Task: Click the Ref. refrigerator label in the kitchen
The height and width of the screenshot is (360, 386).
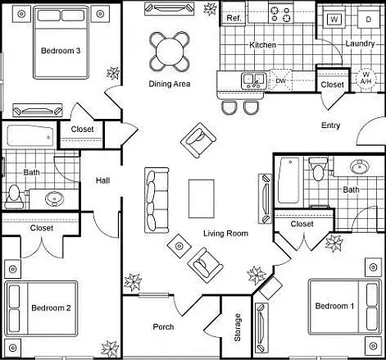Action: pos(234,18)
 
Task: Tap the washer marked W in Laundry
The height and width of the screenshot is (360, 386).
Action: pos(334,20)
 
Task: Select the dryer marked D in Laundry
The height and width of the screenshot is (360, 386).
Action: pos(369,20)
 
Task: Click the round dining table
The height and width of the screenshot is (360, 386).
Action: pos(170,52)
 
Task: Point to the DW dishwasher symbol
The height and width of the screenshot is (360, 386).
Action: pos(280,80)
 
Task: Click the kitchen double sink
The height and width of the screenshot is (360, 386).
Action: pos(254,80)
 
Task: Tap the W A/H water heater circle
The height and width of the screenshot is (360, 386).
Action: pos(366,78)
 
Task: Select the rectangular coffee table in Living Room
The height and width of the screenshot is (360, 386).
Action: pos(202,198)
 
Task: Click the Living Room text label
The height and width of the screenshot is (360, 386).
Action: pos(225,234)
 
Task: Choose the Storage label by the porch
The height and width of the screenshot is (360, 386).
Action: pos(238,327)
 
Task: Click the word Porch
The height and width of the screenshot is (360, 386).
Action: pos(163,326)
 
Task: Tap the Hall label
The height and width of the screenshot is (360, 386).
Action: pos(103,180)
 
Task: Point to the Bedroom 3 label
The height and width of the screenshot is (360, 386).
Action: pos(61,51)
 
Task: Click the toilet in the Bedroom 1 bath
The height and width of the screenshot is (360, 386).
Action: pos(318,168)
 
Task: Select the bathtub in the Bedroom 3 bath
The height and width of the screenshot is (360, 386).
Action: pos(30,136)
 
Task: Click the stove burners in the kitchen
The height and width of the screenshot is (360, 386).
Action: pos(280,15)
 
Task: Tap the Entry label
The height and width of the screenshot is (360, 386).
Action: pos(330,125)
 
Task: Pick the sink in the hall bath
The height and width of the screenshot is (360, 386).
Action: pos(54,198)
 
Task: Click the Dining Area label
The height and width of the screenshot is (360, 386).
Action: pos(170,84)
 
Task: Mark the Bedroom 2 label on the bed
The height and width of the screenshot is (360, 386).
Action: pos(51,308)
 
